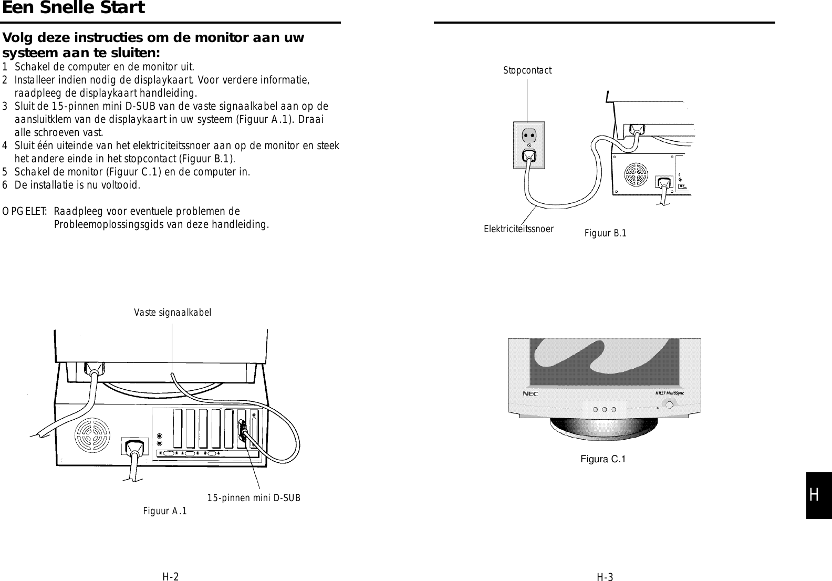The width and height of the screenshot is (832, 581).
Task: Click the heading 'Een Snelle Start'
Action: point(73,8)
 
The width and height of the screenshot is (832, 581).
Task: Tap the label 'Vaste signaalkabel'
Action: point(172,313)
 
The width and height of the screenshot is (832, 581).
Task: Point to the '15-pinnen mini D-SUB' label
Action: point(254,497)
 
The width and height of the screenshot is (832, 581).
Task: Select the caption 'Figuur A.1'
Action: point(164,511)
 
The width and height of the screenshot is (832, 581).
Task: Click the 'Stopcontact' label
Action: point(527,70)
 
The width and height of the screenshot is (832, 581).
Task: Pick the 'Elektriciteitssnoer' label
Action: point(518,229)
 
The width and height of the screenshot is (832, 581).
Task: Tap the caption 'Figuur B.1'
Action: point(605,233)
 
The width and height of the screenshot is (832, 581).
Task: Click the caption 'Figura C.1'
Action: point(602,459)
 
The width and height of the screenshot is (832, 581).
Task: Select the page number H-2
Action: point(170,577)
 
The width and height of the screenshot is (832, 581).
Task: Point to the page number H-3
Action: point(605,578)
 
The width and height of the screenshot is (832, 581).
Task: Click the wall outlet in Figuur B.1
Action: point(529,145)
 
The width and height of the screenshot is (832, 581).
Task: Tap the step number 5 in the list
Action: point(5,172)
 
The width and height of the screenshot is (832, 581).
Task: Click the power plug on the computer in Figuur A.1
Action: point(134,447)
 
